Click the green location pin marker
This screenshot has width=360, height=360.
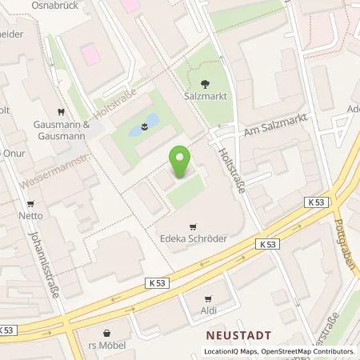[181, 162]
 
